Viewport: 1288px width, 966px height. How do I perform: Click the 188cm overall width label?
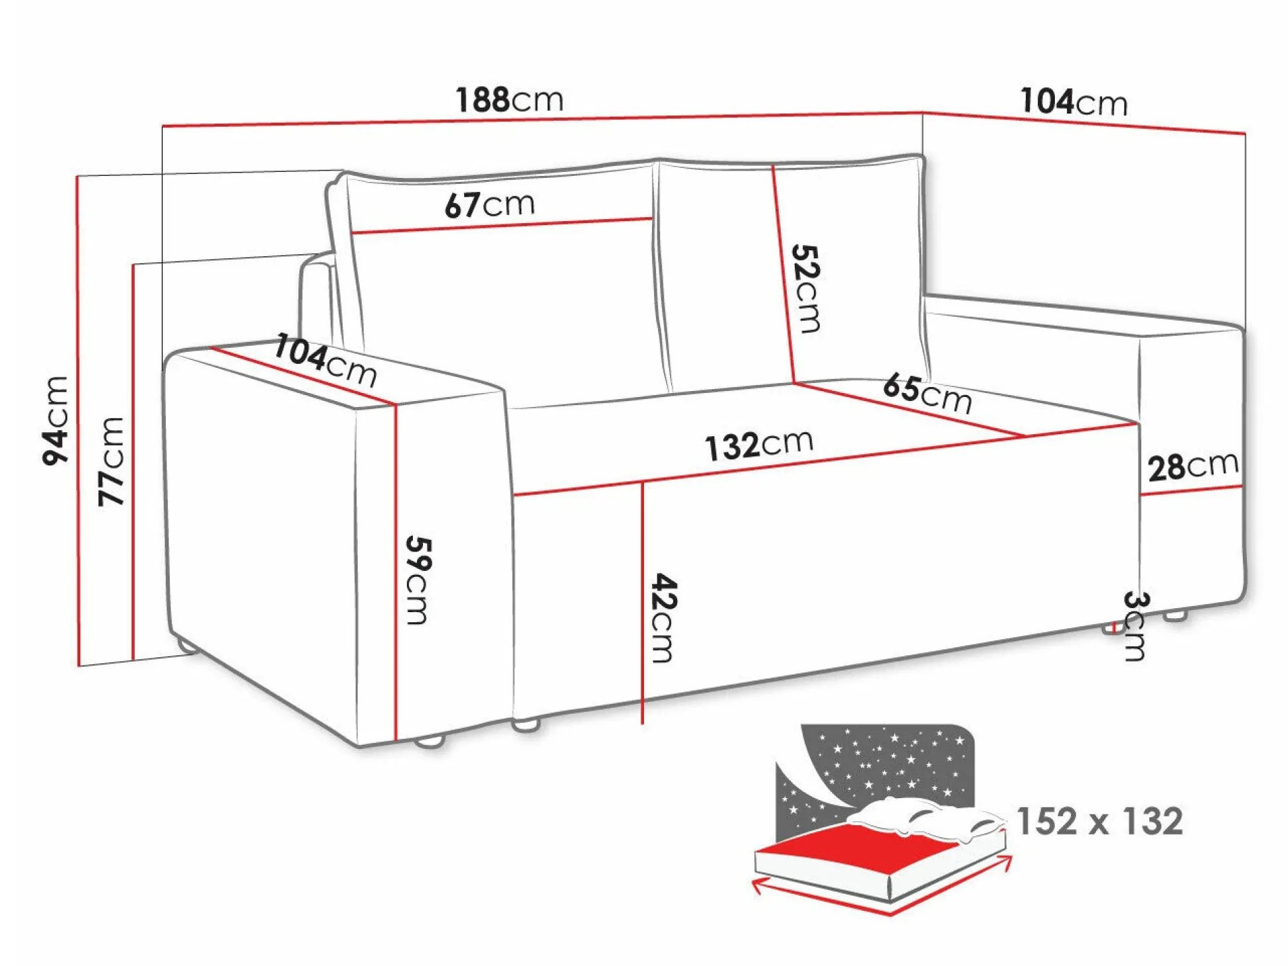(x=509, y=100)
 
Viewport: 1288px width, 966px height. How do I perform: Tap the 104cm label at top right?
(x=1074, y=102)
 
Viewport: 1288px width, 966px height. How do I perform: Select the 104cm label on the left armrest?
(x=325, y=361)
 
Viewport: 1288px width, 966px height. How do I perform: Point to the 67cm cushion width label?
(x=489, y=204)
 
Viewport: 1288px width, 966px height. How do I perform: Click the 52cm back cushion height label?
(x=806, y=288)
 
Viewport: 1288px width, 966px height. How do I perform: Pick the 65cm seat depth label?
(x=927, y=393)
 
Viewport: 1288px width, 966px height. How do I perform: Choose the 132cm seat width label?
(x=759, y=444)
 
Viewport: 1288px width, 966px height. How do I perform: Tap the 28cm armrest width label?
(x=1193, y=466)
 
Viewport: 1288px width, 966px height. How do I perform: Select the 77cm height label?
(x=112, y=461)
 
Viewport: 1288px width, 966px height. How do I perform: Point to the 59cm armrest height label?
(x=418, y=580)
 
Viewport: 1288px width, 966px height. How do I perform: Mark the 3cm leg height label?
(x=1135, y=625)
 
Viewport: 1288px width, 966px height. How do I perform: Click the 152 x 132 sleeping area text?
(x=1099, y=821)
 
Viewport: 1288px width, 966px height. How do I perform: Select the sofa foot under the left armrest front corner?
(x=430, y=741)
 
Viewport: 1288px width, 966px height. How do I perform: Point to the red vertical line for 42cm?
(x=642, y=598)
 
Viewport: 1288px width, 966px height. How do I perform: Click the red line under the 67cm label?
(x=501, y=226)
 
